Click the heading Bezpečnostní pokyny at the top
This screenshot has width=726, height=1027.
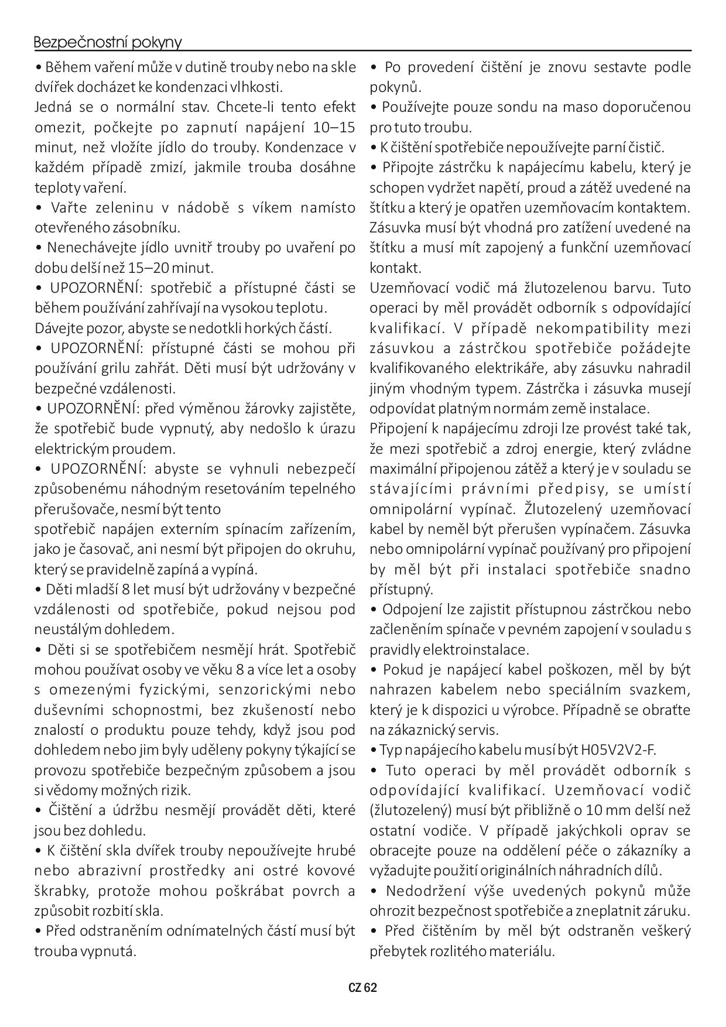click(x=108, y=43)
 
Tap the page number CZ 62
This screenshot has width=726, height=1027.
click(x=362, y=988)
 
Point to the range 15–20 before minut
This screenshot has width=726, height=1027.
click(x=150, y=268)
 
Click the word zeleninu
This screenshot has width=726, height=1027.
click(x=124, y=208)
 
